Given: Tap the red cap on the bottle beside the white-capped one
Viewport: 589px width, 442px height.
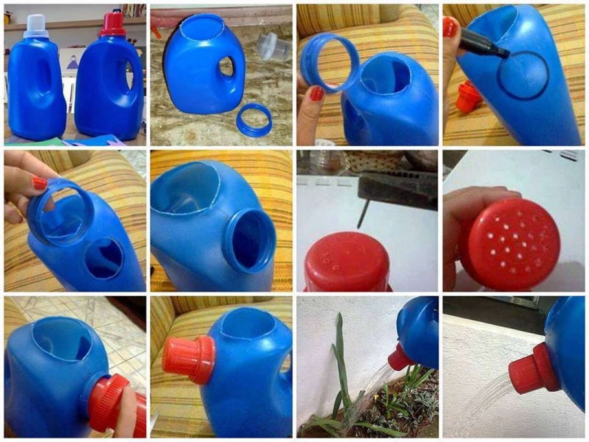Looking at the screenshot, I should tap(111, 24).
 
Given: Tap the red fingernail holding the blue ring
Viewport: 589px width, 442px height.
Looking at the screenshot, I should tap(316, 94).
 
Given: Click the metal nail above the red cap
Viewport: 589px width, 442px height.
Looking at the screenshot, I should tap(366, 214).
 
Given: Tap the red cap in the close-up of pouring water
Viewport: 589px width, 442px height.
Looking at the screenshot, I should tap(533, 370).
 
